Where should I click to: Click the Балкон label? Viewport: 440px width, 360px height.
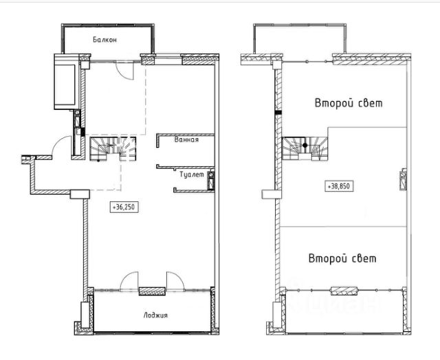(104, 40)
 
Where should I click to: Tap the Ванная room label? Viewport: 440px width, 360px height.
(186, 139)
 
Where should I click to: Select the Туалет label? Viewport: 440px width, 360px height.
(192, 175)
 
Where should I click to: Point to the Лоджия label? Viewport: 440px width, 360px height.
(155, 315)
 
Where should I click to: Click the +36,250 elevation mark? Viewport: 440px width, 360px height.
(124, 207)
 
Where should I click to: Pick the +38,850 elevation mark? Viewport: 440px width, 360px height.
(339, 186)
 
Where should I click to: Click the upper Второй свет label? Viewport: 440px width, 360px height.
(349, 103)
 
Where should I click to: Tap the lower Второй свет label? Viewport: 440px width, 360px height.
(342, 258)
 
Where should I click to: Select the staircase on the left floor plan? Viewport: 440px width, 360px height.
(113, 148)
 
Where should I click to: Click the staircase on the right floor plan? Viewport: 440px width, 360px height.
(305, 148)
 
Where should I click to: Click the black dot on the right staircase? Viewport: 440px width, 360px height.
(305, 146)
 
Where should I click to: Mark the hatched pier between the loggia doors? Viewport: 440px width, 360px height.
(152, 291)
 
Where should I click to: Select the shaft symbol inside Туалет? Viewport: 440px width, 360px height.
(211, 181)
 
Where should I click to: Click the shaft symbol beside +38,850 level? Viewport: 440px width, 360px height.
(403, 180)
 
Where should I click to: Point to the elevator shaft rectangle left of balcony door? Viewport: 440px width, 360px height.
(66, 82)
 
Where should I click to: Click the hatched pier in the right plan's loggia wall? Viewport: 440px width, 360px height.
(344, 291)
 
